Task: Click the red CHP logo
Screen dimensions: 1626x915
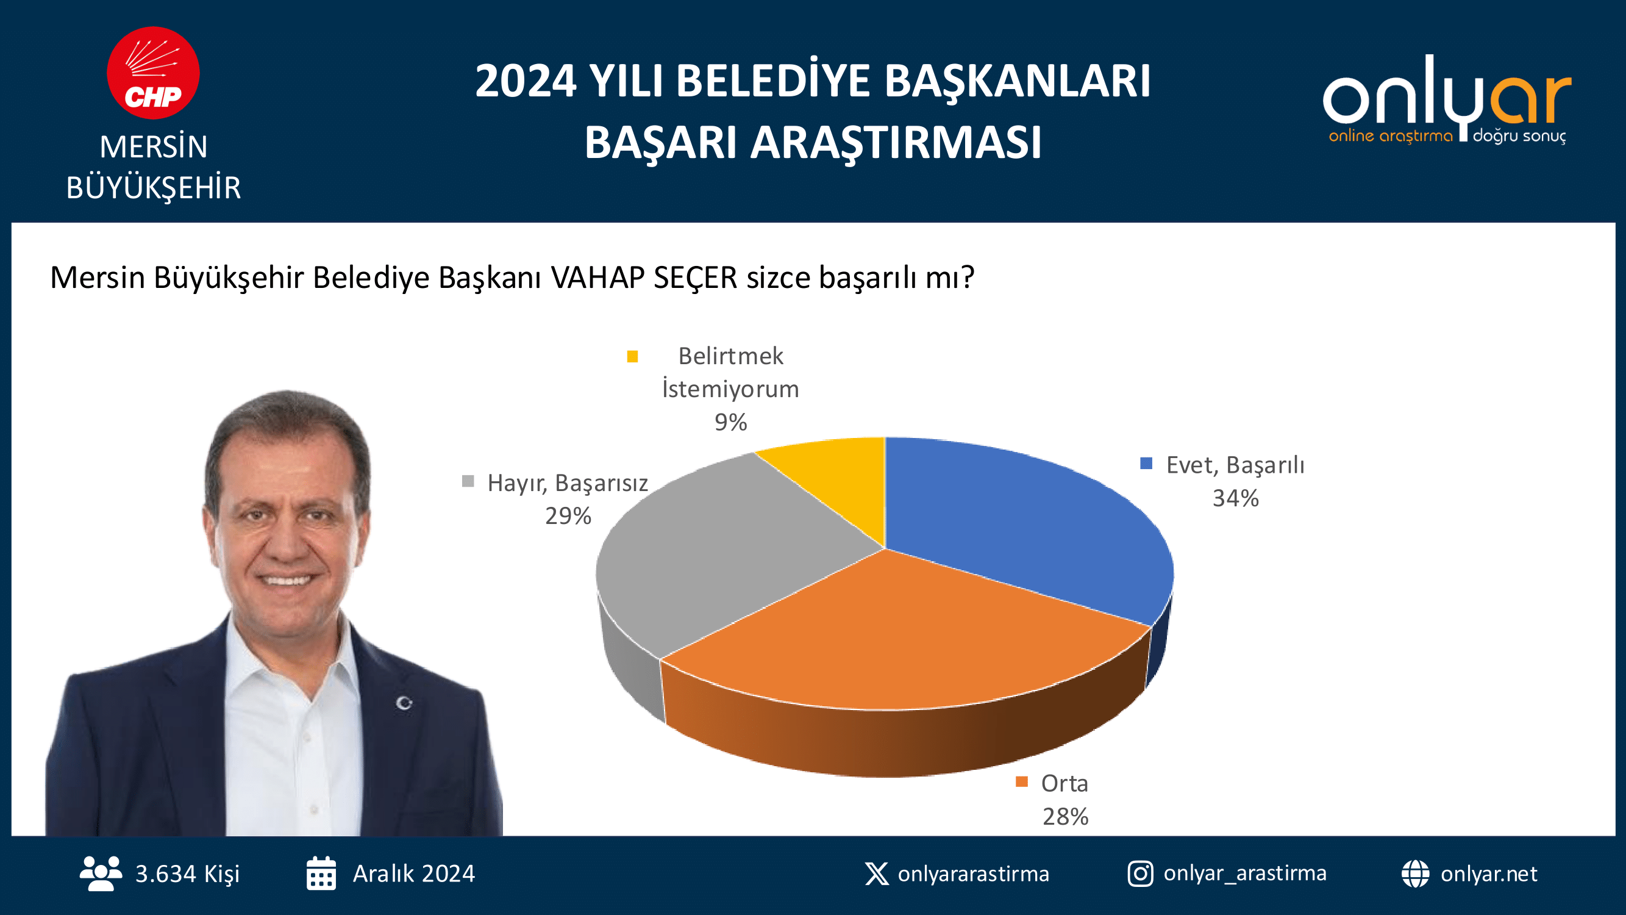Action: coord(154,73)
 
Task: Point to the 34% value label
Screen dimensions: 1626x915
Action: coord(1235,498)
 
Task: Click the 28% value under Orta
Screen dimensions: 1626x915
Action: coord(1066,817)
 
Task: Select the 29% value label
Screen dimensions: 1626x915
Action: coord(568,516)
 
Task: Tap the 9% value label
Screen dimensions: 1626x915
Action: coord(730,422)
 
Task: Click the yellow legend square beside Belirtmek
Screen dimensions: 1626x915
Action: coord(632,357)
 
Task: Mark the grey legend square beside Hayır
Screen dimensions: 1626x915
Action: coord(468,481)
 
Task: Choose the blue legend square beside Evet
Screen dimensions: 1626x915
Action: coord(1146,464)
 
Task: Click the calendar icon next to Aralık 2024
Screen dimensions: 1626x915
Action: coord(321,874)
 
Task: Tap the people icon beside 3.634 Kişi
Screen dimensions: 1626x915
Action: coord(101,874)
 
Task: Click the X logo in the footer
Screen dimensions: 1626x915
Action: coord(877,874)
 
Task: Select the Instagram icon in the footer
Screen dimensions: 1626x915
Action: coord(1141,874)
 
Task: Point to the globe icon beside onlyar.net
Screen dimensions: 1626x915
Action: coord(1415,874)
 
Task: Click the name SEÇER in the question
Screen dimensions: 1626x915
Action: coord(696,278)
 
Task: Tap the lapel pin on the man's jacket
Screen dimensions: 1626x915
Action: coord(404,703)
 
